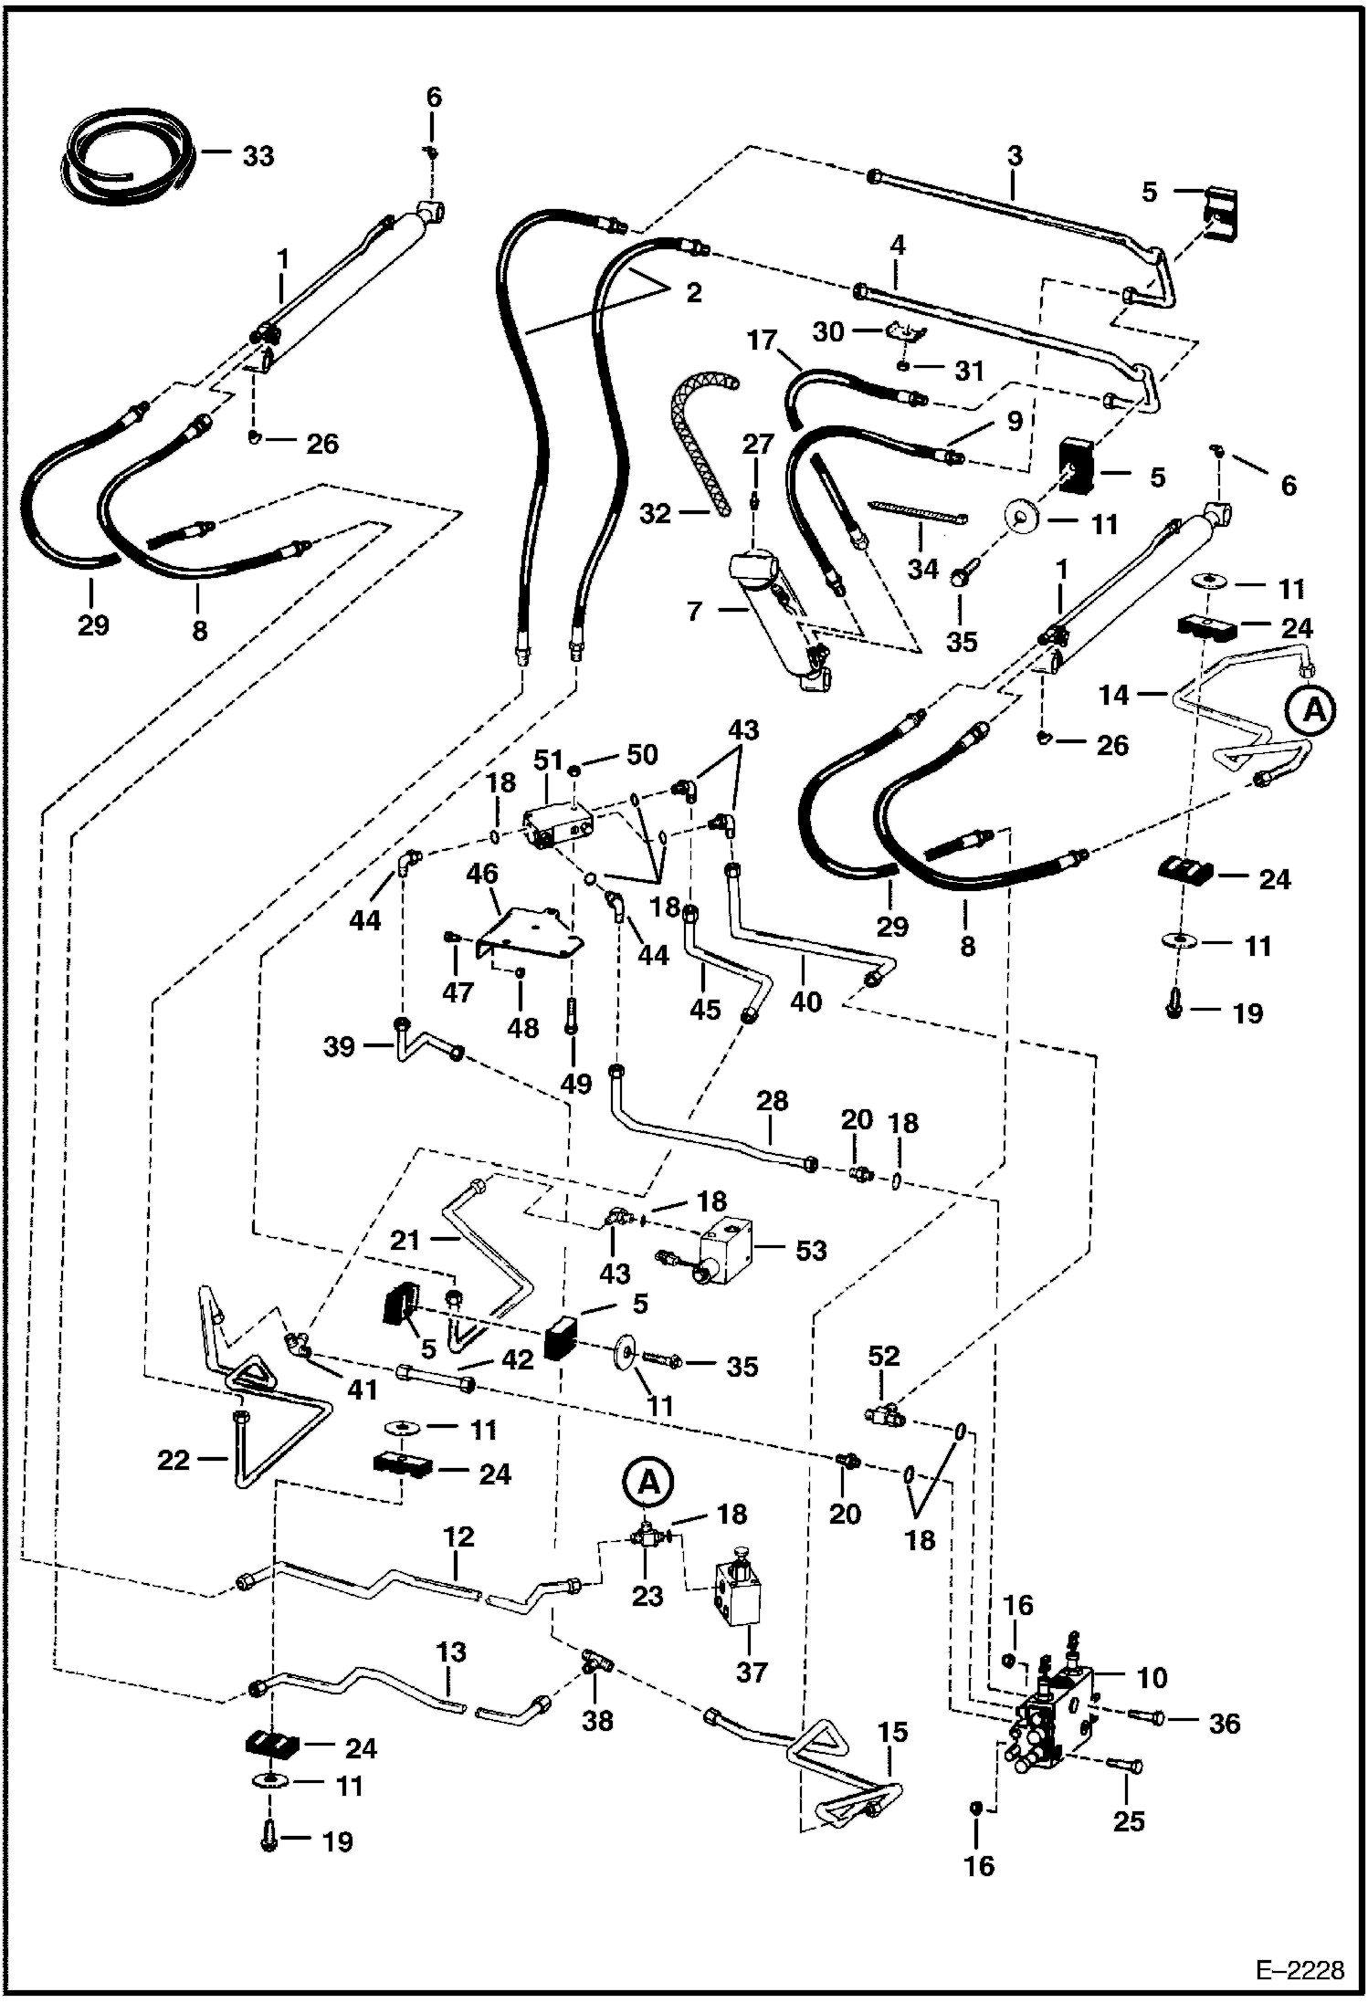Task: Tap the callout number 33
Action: pyautogui.click(x=258, y=156)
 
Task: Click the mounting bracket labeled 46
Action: pyautogui.click(x=530, y=931)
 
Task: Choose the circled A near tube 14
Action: pyautogui.click(x=1312, y=709)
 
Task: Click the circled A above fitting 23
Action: pyautogui.click(x=647, y=1481)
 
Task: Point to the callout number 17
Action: pyautogui.click(x=762, y=341)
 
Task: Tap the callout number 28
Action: pyautogui.click(x=772, y=1100)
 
